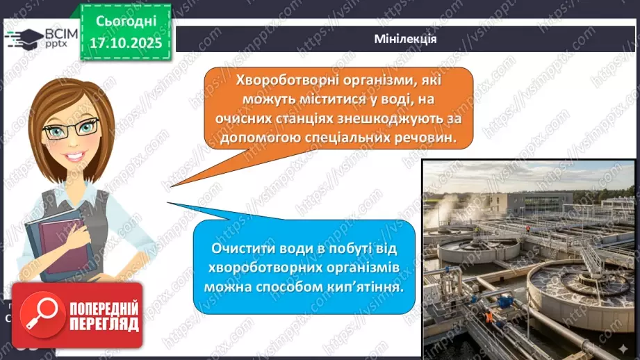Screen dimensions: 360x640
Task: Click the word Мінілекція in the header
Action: (x=404, y=39)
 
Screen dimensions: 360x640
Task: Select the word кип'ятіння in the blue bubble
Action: (x=369, y=286)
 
